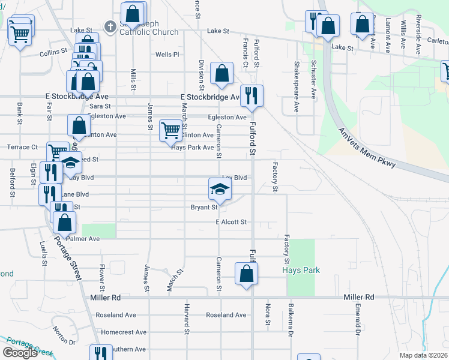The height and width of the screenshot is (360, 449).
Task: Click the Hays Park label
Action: click(301, 270)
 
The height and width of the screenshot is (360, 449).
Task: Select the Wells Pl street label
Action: click(167, 55)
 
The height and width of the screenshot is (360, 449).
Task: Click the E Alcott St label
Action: click(231, 222)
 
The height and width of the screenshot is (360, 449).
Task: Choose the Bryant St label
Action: click(203, 207)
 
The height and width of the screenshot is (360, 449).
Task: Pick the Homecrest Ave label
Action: click(124, 332)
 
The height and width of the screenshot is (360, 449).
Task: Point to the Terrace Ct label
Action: click(22, 147)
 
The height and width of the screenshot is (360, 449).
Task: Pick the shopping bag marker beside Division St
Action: click(221, 73)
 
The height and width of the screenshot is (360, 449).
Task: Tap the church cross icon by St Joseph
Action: click(110, 26)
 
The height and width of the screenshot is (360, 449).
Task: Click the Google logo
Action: click(20, 353)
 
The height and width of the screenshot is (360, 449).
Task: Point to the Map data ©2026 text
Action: click(423, 356)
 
